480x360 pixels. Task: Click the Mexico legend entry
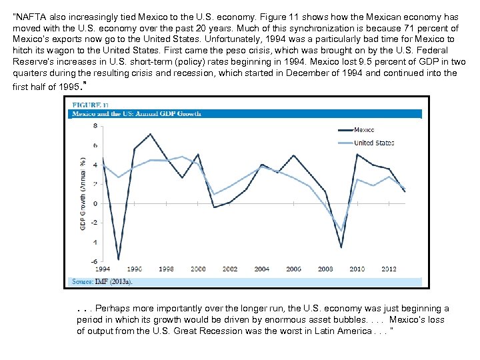364,130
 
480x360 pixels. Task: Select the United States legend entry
373,143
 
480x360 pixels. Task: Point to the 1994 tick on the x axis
102,269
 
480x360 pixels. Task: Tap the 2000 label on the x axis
198,269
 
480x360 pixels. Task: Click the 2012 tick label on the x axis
389,269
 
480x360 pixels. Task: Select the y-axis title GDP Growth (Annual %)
83,193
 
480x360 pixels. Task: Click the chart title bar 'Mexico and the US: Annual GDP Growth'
137,114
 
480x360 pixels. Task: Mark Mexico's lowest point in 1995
118,259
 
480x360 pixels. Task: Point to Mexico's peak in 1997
151,134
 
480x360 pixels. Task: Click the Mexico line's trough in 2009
341,247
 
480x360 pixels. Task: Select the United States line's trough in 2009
341,231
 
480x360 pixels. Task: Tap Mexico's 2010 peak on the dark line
357,155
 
